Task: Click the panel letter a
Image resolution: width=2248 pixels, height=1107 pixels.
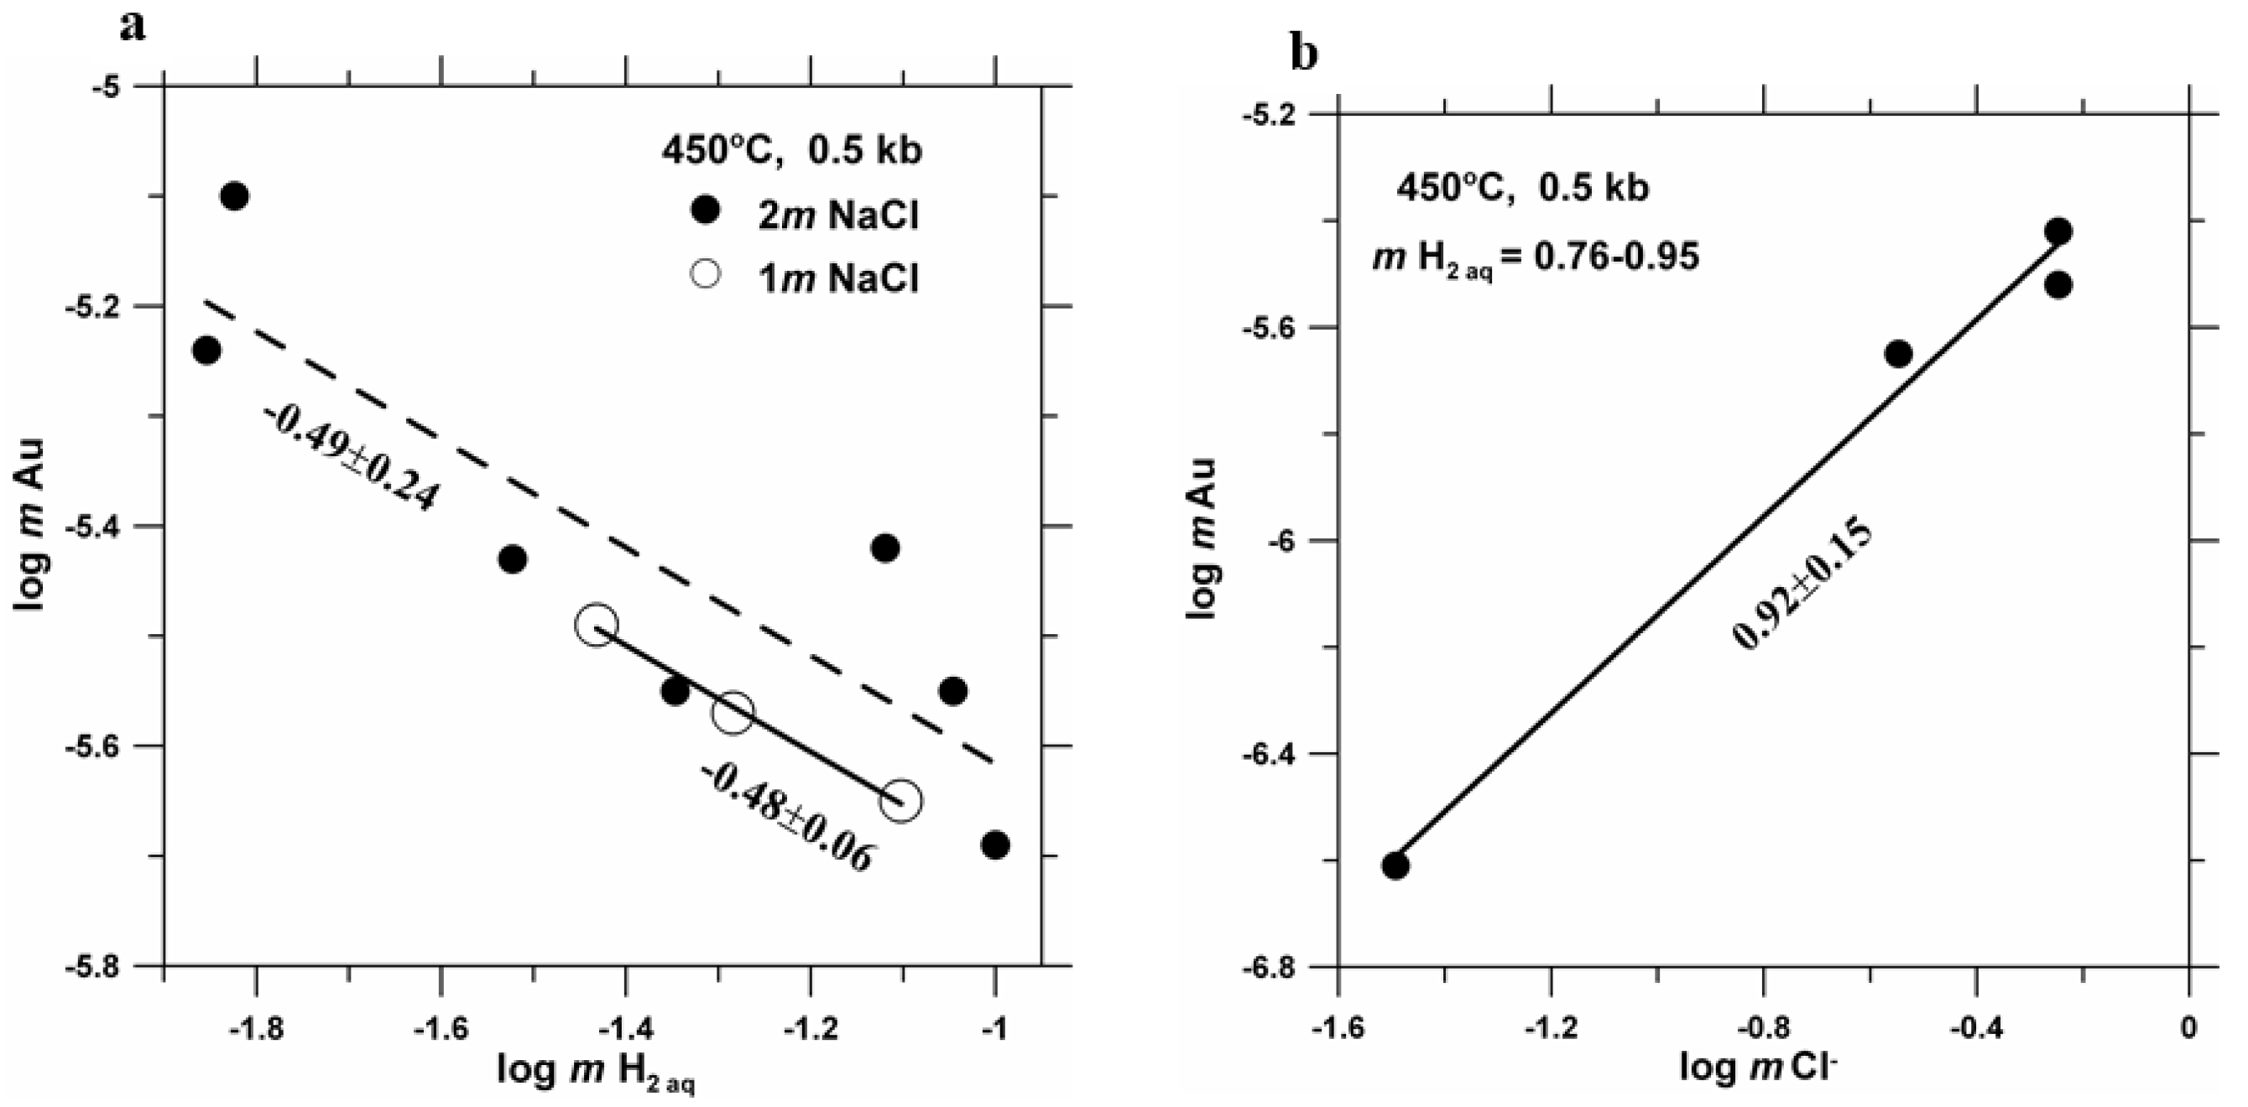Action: [132, 27]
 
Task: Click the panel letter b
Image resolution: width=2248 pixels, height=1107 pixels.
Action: [1305, 54]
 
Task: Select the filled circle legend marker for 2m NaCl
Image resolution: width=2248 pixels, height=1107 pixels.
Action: [704, 210]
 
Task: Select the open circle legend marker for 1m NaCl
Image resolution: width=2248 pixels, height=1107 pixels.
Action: [704, 275]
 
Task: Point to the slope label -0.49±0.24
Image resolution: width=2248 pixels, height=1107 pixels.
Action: [350, 458]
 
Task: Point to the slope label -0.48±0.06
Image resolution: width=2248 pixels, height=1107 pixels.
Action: [786, 817]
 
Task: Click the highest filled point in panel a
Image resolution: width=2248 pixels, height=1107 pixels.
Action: [234, 196]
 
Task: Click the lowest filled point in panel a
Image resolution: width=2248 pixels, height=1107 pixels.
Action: [995, 845]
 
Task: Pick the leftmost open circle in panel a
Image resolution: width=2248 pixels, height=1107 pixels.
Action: [597, 625]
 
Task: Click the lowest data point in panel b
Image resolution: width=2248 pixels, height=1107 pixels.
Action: [1395, 865]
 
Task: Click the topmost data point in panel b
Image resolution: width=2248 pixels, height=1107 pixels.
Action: [2058, 231]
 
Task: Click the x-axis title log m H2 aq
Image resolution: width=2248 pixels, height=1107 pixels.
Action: [597, 1069]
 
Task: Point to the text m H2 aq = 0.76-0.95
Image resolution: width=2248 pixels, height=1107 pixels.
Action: [1536, 257]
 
